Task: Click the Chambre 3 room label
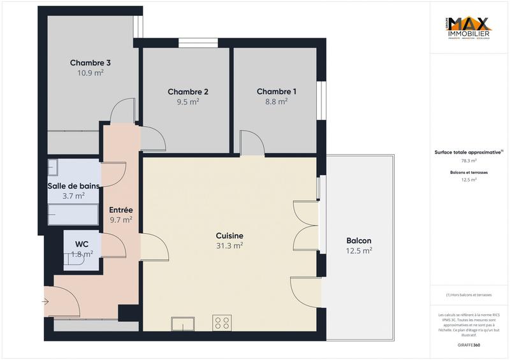pyautogui.click(x=91, y=63)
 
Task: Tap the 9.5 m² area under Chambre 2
pyautogui.click(x=188, y=101)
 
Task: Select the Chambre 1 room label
pyautogui.click(x=276, y=91)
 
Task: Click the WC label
pyautogui.click(x=82, y=244)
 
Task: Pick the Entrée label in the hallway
pyautogui.click(x=120, y=210)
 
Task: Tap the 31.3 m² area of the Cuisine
pyautogui.click(x=229, y=245)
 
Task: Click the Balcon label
pyautogui.click(x=359, y=240)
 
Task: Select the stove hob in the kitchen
pyautogui.click(x=222, y=323)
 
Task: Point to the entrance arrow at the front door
pyautogui.click(x=47, y=301)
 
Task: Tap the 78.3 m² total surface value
pyautogui.click(x=469, y=161)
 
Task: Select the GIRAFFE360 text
pyautogui.click(x=469, y=345)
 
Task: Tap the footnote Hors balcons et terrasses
pyautogui.click(x=469, y=294)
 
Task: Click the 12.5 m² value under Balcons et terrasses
pyautogui.click(x=469, y=180)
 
